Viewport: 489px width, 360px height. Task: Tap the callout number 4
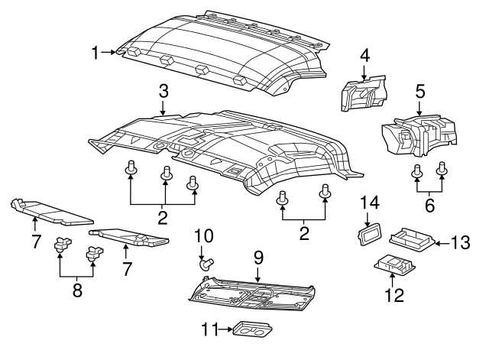pos(364,55)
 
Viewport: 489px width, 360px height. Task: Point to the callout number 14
pos(371,202)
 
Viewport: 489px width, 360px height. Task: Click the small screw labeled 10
pos(206,264)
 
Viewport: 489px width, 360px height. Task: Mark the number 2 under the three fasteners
pos(162,219)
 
